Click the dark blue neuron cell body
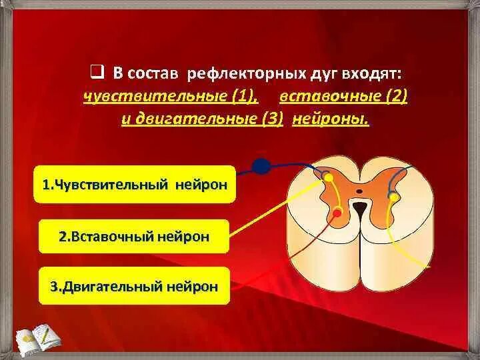262,166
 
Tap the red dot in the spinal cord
338,213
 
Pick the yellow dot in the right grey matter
393,197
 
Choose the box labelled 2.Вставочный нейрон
134,236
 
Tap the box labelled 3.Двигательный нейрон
134,287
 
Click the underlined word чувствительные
155,97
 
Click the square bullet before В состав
97,71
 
